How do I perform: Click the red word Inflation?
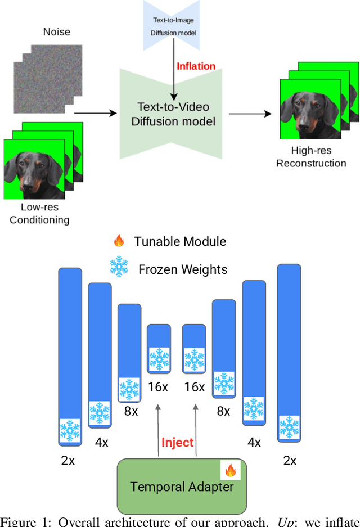click(x=196, y=66)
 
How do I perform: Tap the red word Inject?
click(x=177, y=442)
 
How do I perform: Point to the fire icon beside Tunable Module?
click(x=119, y=242)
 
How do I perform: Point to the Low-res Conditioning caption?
click(x=39, y=214)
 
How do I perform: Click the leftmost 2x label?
click(x=67, y=460)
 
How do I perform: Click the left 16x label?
click(x=158, y=387)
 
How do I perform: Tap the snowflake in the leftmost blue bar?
click(x=70, y=430)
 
